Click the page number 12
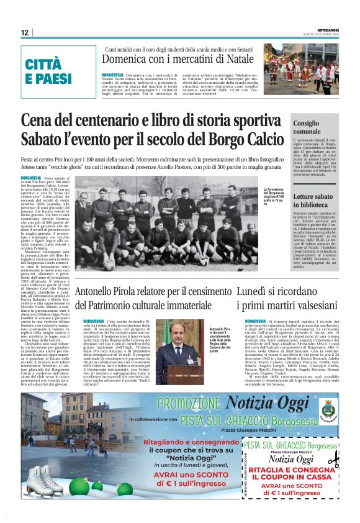coord(24,32)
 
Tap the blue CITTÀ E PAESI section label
coord(49,71)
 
